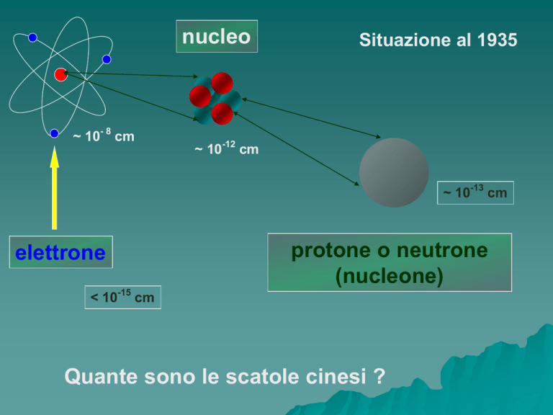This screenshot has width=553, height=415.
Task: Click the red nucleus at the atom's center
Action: (60, 74)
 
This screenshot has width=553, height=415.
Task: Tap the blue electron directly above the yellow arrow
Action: (54, 133)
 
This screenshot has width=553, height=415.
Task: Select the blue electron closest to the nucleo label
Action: (107, 59)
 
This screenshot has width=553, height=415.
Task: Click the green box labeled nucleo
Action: (217, 36)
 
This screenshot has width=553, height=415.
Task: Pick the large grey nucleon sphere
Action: (394, 173)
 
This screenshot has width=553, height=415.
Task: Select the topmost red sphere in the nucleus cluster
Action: (222, 83)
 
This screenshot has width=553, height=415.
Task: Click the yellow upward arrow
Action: (54, 188)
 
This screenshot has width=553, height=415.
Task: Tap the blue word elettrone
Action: (60, 253)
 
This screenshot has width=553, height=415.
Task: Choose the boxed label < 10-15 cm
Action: (122, 297)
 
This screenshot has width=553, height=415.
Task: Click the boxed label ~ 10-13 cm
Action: (475, 192)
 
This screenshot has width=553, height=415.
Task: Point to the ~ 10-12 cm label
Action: (226, 148)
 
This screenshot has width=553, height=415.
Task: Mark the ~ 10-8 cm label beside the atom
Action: (104, 135)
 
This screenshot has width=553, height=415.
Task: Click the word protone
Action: (331, 251)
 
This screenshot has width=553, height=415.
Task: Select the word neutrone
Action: (442, 250)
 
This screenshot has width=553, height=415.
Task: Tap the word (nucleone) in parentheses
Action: (390, 276)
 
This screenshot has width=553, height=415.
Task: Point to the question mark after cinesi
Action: (380, 376)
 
